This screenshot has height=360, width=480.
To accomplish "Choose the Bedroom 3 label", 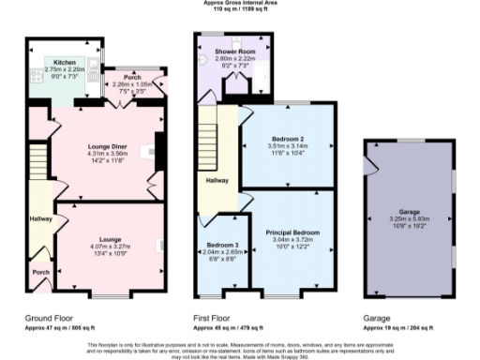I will click(223, 245).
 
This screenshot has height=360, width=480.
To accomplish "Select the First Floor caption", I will click(215, 319).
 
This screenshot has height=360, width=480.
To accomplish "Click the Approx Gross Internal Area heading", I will click(240, 3).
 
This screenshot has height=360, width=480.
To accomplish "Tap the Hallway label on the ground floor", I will click(39, 218).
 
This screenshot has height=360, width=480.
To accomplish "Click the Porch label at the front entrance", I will click(40, 273).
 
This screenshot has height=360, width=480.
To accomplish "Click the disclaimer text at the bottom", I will click(240, 348).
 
